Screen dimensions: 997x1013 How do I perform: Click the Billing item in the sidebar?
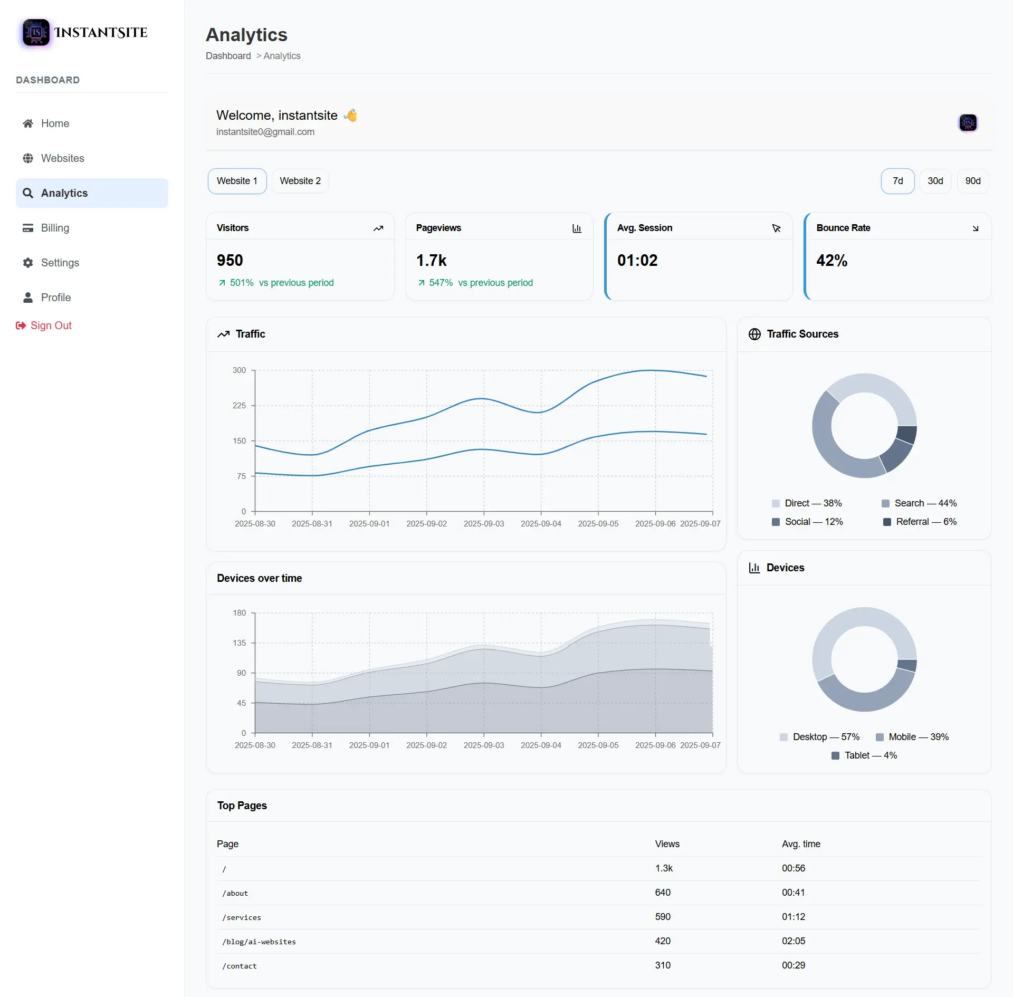click(x=55, y=228)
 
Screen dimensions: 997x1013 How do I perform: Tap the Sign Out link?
click(x=51, y=325)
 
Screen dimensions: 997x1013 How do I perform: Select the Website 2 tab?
click(x=300, y=181)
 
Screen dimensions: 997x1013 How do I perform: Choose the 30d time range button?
click(x=935, y=181)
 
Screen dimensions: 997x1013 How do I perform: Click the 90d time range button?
click(x=972, y=181)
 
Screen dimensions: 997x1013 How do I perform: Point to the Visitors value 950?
click(x=230, y=260)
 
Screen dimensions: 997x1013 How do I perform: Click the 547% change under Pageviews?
click(x=441, y=283)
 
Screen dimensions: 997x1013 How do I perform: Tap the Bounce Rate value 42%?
click(x=832, y=260)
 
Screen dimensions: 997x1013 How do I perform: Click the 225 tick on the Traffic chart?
click(x=239, y=406)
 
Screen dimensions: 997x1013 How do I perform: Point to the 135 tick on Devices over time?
click(x=239, y=643)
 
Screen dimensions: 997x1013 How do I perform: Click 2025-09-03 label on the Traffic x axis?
click(x=483, y=524)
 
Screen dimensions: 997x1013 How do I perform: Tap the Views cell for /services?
click(x=663, y=917)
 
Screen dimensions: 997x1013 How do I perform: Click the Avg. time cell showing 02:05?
click(x=793, y=941)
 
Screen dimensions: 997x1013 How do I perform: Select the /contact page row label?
click(x=240, y=966)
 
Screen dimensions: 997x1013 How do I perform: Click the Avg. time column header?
click(x=800, y=844)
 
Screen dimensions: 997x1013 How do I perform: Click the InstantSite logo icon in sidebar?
click(x=36, y=33)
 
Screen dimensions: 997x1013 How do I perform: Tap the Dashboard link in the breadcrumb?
click(x=228, y=56)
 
